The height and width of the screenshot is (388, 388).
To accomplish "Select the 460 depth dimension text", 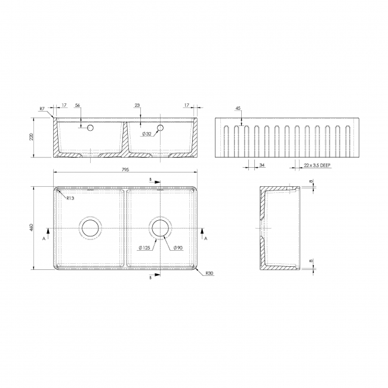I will click(x=37, y=228).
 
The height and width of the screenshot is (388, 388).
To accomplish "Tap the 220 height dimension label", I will click(x=37, y=138).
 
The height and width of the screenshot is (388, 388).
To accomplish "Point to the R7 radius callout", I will click(x=42, y=109).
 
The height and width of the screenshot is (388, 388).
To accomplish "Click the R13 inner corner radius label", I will click(x=70, y=198).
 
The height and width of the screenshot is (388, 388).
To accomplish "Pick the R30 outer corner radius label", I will click(x=209, y=273).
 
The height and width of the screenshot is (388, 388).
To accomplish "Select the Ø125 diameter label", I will click(x=144, y=248).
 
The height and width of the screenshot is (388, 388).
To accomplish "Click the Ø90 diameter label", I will click(x=177, y=248).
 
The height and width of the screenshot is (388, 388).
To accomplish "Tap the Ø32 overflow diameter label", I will click(x=146, y=134).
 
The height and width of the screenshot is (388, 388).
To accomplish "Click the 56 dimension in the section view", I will click(x=78, y=106).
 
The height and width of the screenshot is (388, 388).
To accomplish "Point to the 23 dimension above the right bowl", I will click(x=138, y=106).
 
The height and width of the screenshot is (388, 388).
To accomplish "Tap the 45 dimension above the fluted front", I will click(x=238, y=109).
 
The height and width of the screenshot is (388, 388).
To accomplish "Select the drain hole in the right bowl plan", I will click(x=161, y=227).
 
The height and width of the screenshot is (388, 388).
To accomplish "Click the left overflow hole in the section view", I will click(x=90, y=127).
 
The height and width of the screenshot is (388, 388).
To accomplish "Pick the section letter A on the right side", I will click(x=206, y=238).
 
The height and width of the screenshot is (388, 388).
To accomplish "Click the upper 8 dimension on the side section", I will click(x=311, y=181).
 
